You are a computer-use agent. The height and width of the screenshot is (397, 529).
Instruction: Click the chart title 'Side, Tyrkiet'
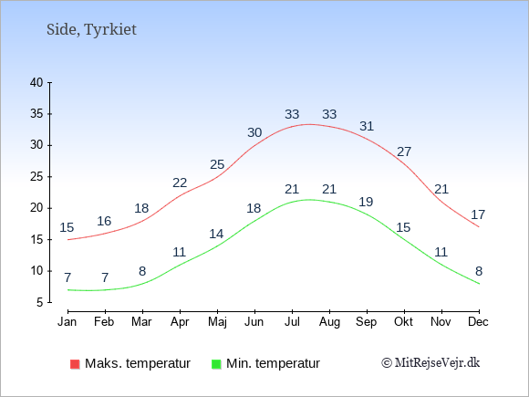pos(91,29)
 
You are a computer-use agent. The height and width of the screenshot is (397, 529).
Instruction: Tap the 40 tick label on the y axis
pos(36,82)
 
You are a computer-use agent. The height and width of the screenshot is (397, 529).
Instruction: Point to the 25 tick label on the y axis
pos(36,176)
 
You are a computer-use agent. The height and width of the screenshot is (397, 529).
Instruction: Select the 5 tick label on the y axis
pos(40,302)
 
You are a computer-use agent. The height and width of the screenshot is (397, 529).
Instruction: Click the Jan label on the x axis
pos(67,322)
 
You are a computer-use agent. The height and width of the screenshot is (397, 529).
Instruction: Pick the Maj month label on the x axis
pos(217,322)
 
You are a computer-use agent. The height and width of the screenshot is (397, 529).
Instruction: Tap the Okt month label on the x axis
pos(403,322)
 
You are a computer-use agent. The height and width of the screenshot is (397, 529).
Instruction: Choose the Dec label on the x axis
pos(478,322)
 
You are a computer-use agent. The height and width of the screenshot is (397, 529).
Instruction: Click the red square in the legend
pos(75,364)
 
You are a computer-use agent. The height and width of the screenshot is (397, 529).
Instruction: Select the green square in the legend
pos(216,364)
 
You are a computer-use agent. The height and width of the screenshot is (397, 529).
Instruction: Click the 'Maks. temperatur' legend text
pos(138,363)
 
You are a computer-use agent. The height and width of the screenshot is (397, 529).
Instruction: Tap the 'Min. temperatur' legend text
pos(273,363)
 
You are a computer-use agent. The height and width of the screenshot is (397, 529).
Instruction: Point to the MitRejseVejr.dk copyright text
pos(430,363)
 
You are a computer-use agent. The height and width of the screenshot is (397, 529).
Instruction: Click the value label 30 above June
pos(254,132)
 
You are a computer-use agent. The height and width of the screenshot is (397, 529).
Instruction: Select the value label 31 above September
pos(367,126)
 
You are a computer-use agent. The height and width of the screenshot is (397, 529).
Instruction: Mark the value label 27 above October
pos(404,151)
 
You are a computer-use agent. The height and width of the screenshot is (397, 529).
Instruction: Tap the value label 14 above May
pos(216,234)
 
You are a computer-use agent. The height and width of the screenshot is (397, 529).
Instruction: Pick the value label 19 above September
pos(366,202)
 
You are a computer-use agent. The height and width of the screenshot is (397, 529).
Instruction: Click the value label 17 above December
pos(478,214)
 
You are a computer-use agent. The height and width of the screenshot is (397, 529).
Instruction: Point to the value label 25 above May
pos(217,165)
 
